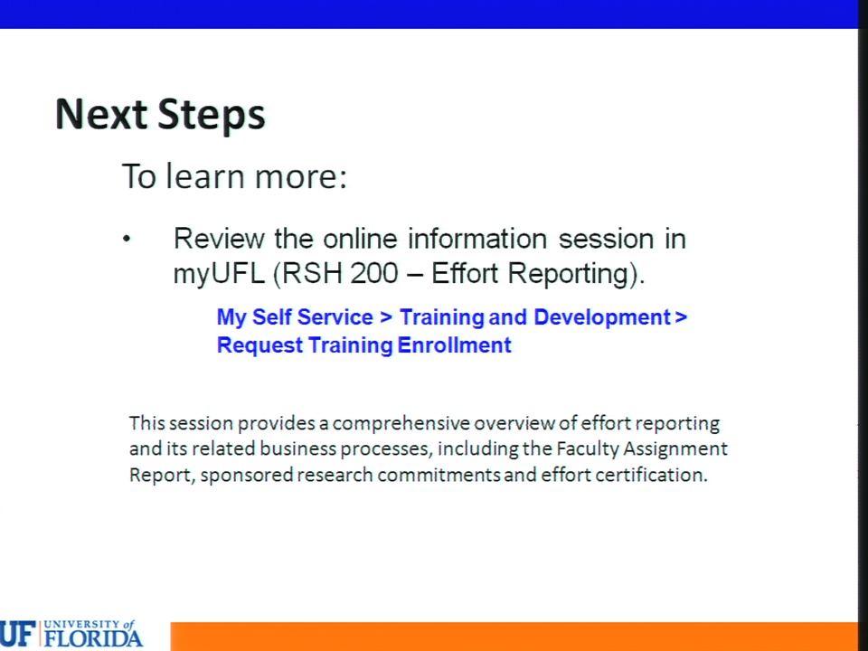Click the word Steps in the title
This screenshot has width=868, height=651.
212,117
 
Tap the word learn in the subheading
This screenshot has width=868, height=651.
205,176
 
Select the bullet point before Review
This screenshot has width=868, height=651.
127,239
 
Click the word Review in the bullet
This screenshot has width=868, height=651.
219,239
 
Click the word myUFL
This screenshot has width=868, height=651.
219,274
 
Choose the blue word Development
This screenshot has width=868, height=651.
602,317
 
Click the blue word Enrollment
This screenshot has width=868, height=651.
455,344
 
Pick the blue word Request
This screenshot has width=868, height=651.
259,346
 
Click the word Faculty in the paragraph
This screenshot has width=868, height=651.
588,449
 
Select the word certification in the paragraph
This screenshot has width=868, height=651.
651,475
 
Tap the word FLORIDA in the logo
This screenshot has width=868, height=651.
93,637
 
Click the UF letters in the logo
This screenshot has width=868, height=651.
18,634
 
